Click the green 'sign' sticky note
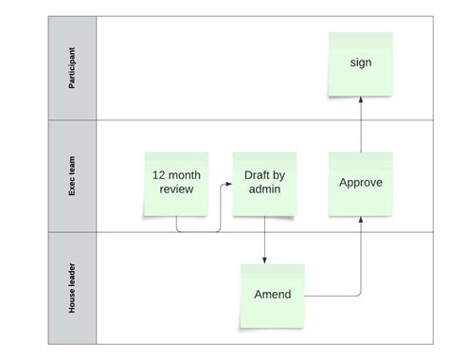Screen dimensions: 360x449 [360, 63]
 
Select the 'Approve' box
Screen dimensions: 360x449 [360, 182]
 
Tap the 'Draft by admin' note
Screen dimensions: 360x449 [264, 183]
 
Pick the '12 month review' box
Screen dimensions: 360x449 [177, 183]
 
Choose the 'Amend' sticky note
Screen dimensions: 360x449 [272, 295]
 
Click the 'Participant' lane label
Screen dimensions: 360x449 [72, 68]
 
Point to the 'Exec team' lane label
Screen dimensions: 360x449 [72, 176]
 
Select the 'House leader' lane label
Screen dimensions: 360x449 [72, 289]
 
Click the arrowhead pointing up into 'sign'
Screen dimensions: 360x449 [360, 99]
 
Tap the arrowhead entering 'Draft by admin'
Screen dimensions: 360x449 [228, 186]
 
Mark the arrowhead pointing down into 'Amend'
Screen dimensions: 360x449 [264, 260]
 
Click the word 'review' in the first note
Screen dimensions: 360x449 [177, 189]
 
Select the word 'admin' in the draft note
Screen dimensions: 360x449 [264, 189]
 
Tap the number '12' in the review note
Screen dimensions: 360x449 [159, 175]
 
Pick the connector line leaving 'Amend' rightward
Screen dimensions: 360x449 [332, 297]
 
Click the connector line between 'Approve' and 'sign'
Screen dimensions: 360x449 [360, 128]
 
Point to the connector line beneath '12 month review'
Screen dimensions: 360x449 [199, 231]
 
